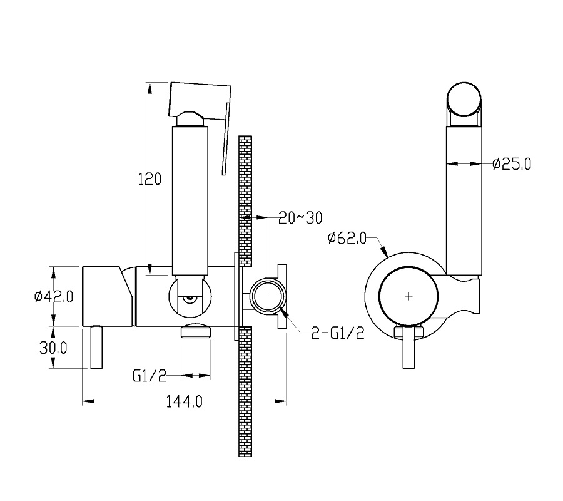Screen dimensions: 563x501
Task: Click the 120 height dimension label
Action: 150,179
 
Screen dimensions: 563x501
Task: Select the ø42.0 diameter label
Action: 54,297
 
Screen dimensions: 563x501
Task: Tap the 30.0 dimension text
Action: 53,348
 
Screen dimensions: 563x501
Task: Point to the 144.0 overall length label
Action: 184,401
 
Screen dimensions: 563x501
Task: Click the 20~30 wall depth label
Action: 300,218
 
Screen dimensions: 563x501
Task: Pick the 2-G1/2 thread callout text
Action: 338,334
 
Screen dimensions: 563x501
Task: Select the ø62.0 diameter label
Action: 347,238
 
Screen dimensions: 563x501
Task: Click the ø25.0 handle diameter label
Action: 512,164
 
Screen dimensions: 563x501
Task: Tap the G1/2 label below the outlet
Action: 150,376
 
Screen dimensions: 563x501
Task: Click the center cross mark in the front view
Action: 408,296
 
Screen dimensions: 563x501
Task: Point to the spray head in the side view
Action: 200,101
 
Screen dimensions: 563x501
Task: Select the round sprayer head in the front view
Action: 464,100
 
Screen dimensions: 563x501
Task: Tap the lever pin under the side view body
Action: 96,347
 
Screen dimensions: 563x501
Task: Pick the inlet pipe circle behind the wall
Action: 268,296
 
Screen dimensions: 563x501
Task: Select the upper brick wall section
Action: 245,201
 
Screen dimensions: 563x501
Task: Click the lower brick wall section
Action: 245,391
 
